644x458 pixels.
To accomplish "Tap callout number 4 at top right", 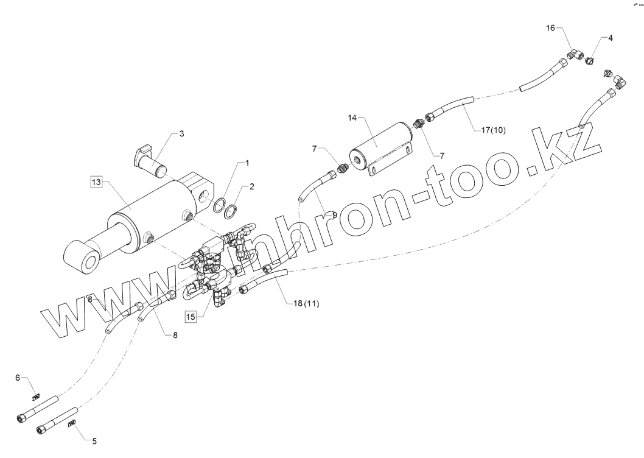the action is tap(611, 38).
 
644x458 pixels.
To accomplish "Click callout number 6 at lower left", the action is tap(18, 379).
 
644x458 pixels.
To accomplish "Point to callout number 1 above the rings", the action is tap(247, 163).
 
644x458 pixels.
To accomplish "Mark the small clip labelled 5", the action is tap(72, 423).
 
